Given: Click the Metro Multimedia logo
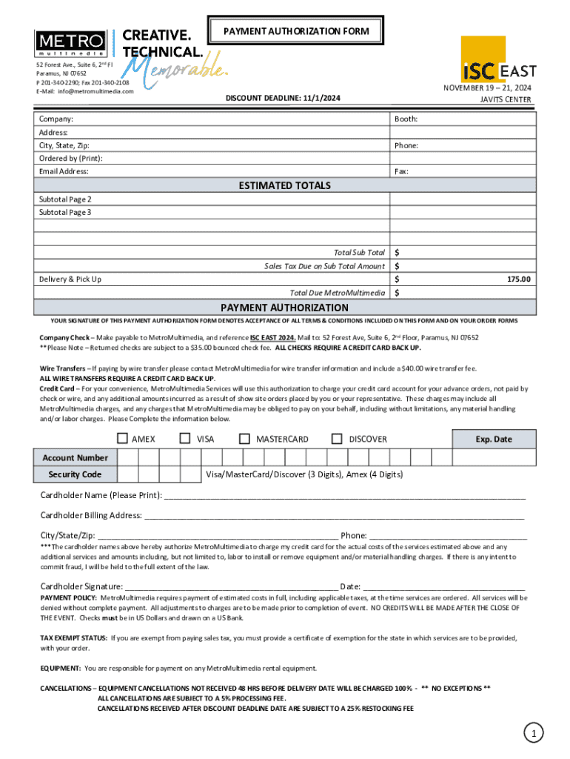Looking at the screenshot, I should click(x=71, y=44).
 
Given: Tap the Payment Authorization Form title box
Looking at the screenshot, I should click(x=295, y=32).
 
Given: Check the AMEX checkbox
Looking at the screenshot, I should click(x=122, y=439).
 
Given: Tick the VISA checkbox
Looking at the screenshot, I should click(x=186, y=439).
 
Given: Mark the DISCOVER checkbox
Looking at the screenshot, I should click(x=338, y=439).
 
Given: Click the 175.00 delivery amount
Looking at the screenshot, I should click(x=518, y=279).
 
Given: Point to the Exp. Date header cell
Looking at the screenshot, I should click(x=493, y=439).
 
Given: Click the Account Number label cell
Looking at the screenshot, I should click(x=75, y=458).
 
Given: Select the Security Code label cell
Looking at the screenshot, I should click(x=75, y=474).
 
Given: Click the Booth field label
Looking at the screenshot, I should click(x=406, y=119).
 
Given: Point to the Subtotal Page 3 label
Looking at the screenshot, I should click(x=65, y=212).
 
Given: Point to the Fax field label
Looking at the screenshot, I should click(x=402, y=171).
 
